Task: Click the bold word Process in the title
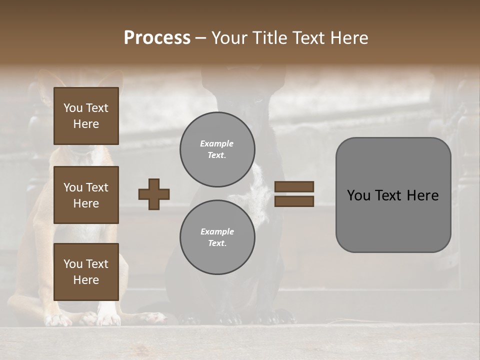[x=157, y=38]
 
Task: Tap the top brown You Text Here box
[x=86, y=116]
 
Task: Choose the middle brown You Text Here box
[x=86, y=195]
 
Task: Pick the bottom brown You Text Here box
[x=86, y=271]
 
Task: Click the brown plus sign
[x=154, y=194]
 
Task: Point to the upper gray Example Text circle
[x=217, y=149]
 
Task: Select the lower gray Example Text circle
[x=217, y=237]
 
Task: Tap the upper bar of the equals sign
[x=294, y=187]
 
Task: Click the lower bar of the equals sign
[x=294, y=201]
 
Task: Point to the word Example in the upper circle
[x=216, y=143]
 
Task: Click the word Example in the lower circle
[x=217, y=231]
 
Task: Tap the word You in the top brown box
[x=73, y=108]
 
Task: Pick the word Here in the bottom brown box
[x=86, y=280]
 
